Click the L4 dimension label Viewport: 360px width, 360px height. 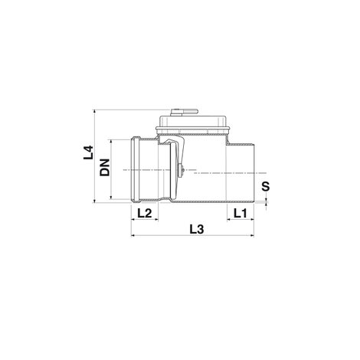tap(88, 152)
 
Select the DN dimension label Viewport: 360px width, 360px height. tap(105, 168)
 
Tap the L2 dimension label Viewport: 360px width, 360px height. tap(145, 213)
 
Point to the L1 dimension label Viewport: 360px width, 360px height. tap(241, 213)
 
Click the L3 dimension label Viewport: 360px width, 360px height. tap(197, 229)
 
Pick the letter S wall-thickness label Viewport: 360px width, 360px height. tap(266, 187)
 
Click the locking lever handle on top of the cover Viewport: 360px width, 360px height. tap(184, 112)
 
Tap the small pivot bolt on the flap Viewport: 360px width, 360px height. tap(182, 170)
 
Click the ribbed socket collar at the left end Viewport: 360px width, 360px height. tap(136, 170)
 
